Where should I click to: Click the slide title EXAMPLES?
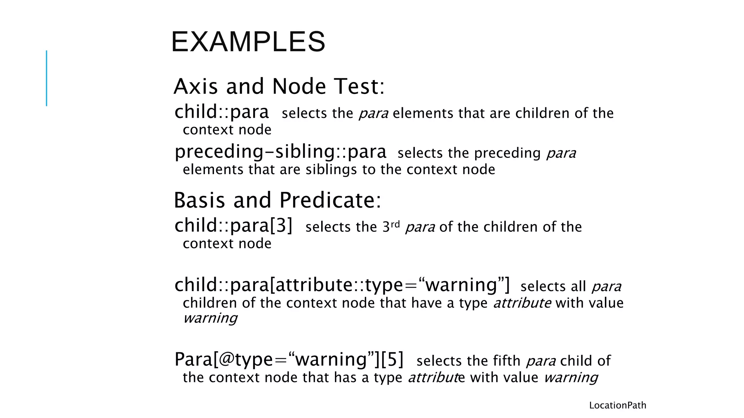[x=248, y=42]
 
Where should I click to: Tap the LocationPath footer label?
[x=618, y=405]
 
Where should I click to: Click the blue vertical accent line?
[x=46, y=78]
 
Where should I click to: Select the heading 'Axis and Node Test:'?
[x=279, y=87]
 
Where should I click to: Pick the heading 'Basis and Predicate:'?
[x=278, y=200]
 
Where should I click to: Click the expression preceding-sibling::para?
[x=280, y=152]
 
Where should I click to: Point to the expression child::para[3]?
[x=233, y=226]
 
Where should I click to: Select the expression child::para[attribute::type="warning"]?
[x=342, y=285]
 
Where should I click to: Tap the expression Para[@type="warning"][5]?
[x=289, y=359]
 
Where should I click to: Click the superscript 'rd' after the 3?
[x=395, y=224]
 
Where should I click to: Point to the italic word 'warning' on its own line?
[x=210, y=318]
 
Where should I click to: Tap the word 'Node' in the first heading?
[x=299, y=87]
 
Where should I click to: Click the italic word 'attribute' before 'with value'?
[x=522, y=303]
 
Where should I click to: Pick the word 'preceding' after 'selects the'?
[x=508, y=153]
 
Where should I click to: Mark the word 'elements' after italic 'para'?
[x=423, y=114]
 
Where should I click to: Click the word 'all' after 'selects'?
[x=578, y=287]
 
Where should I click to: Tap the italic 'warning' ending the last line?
[x=571, y=378]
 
